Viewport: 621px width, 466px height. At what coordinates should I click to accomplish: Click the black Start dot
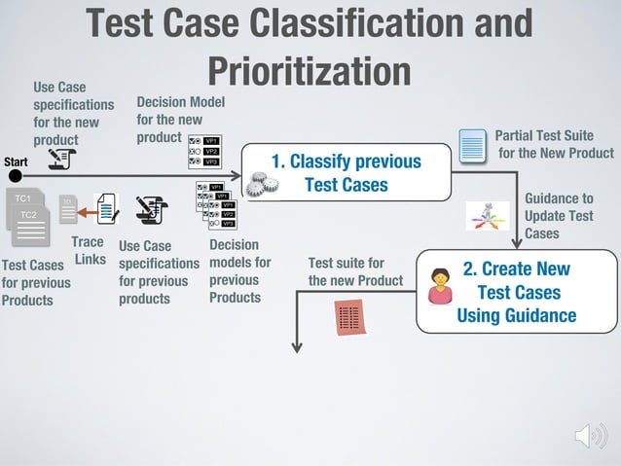pyautogui.click(x=15, y=176)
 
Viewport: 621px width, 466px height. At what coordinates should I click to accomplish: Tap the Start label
pyautogui.click(x=15, y=161)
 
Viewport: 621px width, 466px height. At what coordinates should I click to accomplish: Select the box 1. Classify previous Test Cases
pyautogui.click(x=346, y=173)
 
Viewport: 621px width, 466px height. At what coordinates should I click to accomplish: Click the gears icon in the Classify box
pyautogui.click(x=258, y=183)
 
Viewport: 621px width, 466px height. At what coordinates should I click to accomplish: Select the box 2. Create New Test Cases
pyautogui.click(x=516, y=291)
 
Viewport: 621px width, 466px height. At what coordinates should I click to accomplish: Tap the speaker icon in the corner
pyautogui.click(x=590, y=436)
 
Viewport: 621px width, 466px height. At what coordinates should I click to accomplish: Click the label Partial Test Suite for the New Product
pyautogui.click(x=553, y=144)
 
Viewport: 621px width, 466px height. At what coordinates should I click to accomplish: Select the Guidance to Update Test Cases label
pyautogui.click(x=559, y=216)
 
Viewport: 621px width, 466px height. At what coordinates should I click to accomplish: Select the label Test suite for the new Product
pyautogui.click(x=355, y=272)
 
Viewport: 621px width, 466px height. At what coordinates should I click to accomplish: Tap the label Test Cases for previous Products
pyautogui.click(x=36, y=282)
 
